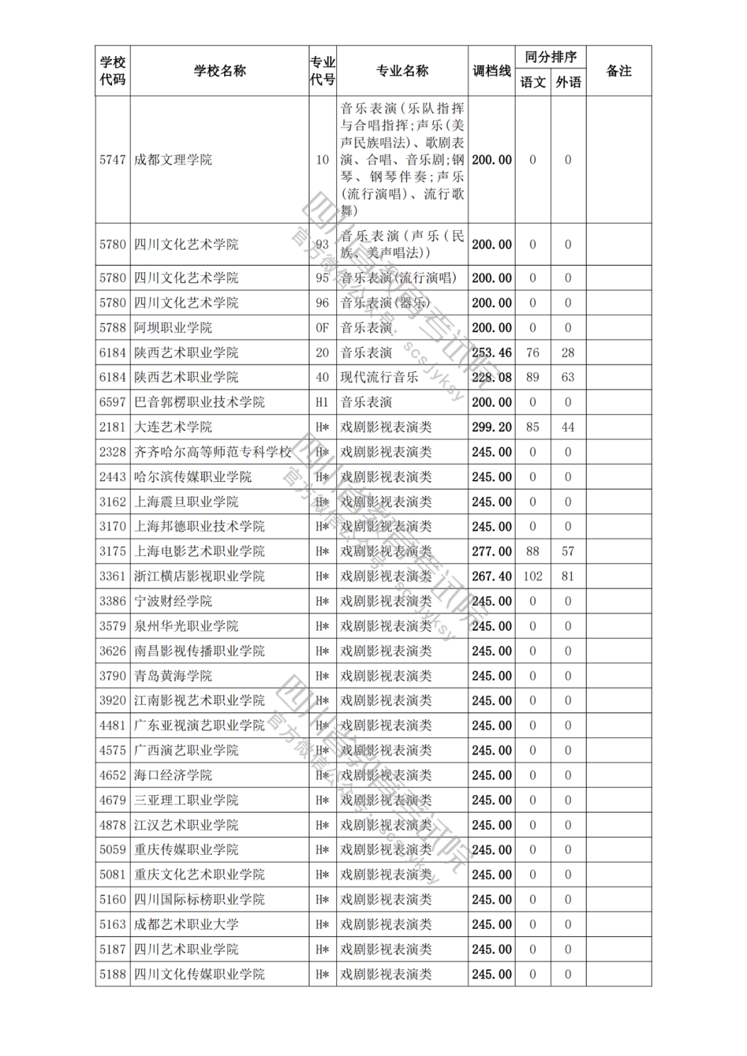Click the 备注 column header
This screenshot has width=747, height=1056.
pos(618,71)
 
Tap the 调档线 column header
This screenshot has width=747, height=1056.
pos(492,71)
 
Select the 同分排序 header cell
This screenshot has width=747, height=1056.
pos(551,57)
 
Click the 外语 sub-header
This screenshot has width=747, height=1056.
pos(568,82)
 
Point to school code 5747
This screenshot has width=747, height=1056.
pos(113,160)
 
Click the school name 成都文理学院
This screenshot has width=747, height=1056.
pos(173,160)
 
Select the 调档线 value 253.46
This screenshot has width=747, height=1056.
pos(492,353)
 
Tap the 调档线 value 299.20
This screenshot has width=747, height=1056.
pos(492,427)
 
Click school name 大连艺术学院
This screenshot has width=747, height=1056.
pos(173,427)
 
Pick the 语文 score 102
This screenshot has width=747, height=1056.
pos(533,576)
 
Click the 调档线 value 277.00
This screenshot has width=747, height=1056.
pos(492,551)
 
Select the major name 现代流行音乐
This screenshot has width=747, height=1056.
pos(379,378)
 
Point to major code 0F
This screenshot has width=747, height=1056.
pos(322,328)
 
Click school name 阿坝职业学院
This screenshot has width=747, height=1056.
pos(173,328)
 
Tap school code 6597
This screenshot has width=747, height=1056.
pos(113,402)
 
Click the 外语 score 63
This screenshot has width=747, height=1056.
pos(568,378)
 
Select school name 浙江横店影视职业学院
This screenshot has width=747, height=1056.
pos(199,576)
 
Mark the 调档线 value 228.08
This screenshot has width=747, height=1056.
pos(492,378)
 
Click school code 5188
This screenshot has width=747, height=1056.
pos(113,974)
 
